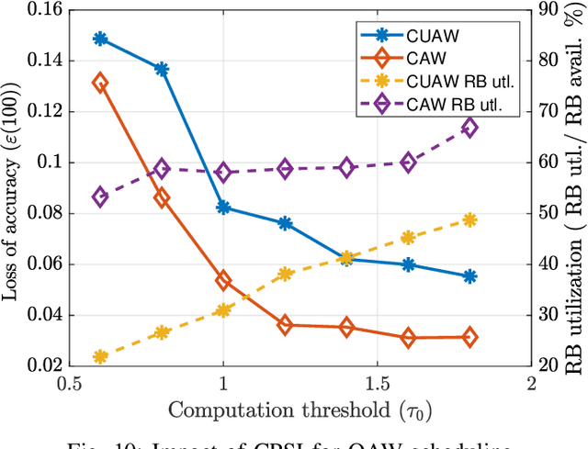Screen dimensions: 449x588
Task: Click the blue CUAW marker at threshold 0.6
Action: (x=100, y=39)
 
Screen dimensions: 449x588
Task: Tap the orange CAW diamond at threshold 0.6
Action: (x=100, y=84)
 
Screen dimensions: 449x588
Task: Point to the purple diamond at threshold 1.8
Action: (x=469, y=128)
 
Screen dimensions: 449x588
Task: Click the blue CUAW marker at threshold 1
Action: (x=223, y=208)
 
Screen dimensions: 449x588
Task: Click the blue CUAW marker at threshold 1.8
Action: (x=469, y=276)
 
